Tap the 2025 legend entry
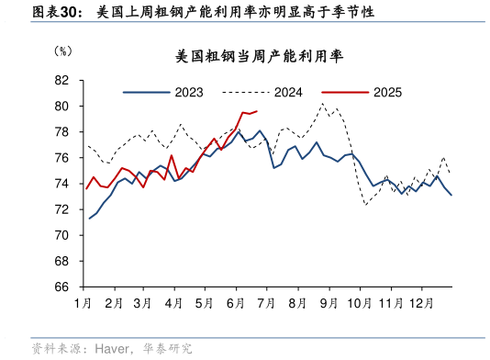pos(387,92)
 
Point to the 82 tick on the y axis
pos(63,81)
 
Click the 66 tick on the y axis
pos(63,287)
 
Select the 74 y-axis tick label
pos(63,184)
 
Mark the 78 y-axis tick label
pos(63,132)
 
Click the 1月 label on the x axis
pos(84,302)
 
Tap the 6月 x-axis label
pos(235,302)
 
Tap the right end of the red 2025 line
pos(257,111)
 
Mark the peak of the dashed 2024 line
pos(322,104)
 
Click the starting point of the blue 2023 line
pos(89,219)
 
